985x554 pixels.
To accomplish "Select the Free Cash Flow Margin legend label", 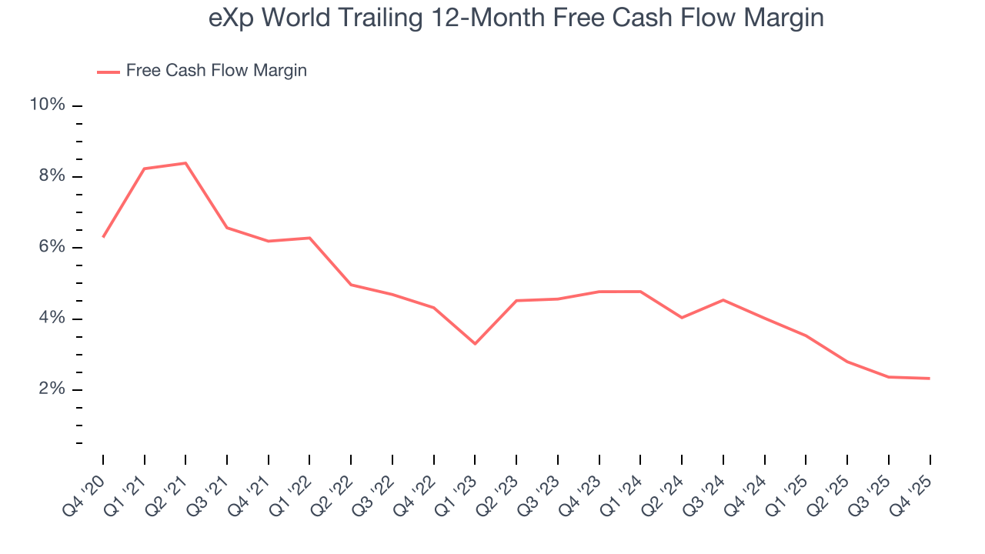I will click(216, 71).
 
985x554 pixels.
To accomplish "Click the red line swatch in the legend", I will click(109, 72).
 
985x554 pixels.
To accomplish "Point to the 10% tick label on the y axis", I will click(47, 105).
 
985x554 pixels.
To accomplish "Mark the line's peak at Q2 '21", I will click(185, 163).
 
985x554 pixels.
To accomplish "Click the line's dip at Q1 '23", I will click(475, 343).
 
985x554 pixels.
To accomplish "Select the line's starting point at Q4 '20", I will click(103, 237).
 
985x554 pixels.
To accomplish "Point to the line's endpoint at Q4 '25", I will click(930, 379).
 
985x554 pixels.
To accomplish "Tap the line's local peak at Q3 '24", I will click(723, 300).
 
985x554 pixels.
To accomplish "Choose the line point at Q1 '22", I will click(309, 238).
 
